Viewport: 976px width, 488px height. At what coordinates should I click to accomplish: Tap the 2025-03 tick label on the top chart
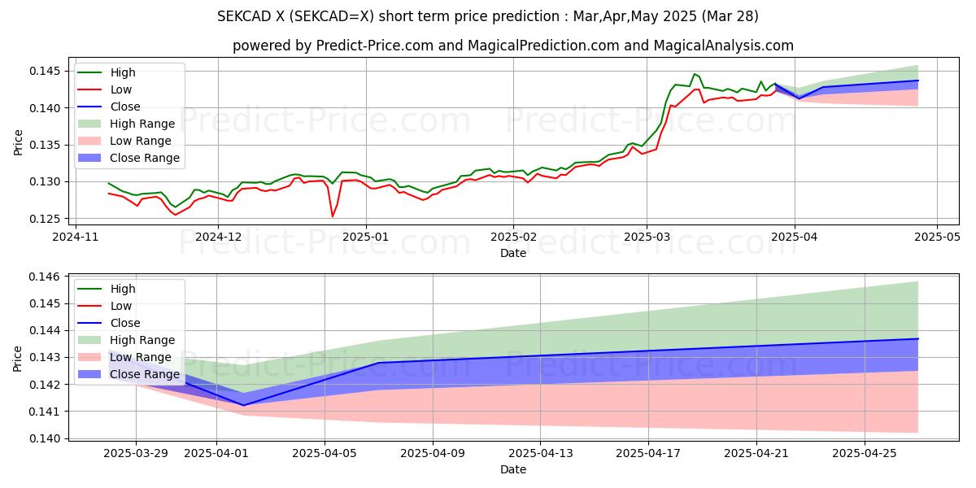(647, 237)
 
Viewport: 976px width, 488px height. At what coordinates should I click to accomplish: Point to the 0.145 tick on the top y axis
(48, 72)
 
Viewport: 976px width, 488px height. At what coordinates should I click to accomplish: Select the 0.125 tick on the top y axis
(48, 219)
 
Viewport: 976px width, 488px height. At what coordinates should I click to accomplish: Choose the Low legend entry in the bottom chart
(121, 306)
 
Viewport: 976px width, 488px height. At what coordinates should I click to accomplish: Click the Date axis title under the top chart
(513, 253)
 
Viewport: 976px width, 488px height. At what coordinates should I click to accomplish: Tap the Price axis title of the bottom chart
(19, 358)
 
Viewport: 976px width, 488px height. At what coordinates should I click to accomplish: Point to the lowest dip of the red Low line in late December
(332, 216)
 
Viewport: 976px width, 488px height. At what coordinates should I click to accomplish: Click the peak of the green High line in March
(695, 74)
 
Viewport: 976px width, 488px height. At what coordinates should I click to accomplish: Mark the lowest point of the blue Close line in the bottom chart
(243, 405)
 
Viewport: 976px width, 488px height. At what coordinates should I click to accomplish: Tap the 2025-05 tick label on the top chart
(937, 237)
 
